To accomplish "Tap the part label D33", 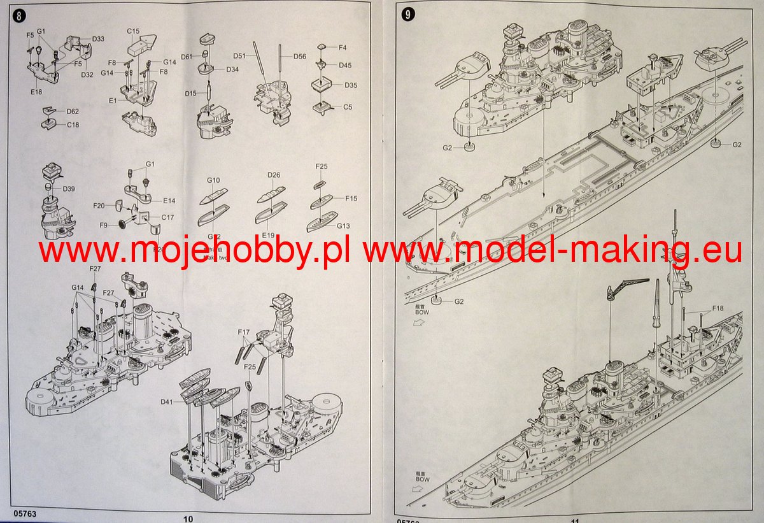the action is [x=98, y=39].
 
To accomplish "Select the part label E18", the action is [x=36, y=92].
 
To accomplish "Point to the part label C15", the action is [x=133, y=31].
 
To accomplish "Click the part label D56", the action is [x=300, y=56].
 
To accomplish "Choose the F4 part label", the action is [x=343, y=48].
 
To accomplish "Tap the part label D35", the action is [x=351, y=85].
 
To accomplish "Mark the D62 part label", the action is [x=73, y=111].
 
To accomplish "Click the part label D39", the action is [x=69, y=189].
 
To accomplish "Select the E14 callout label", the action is [x=169, y=200].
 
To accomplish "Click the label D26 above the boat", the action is [x=274, y=175].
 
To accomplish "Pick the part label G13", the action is [x=343, y=226].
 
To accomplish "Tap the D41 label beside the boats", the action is [x=167, y=402].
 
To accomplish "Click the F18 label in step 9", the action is [x=718, y=308].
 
